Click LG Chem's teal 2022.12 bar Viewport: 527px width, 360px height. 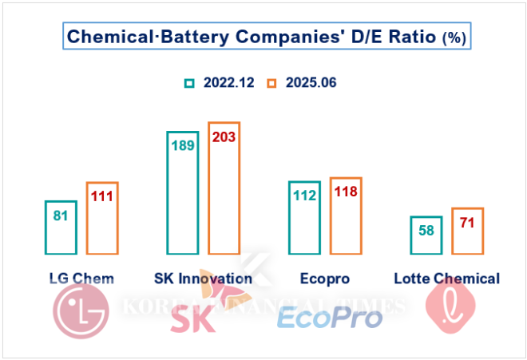[x=61, y=226]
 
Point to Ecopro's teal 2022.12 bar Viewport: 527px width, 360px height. [x=305, y=216]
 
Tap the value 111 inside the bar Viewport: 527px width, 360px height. [x=102, y=196]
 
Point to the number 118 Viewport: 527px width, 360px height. [x=346, y=192]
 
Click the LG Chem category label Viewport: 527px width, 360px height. [x=81, y=279]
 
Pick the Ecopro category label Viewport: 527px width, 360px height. [x=325, y=279]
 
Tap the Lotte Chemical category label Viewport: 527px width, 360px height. [x=446, y=279]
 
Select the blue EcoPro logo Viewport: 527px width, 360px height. [x=329, y=318]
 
